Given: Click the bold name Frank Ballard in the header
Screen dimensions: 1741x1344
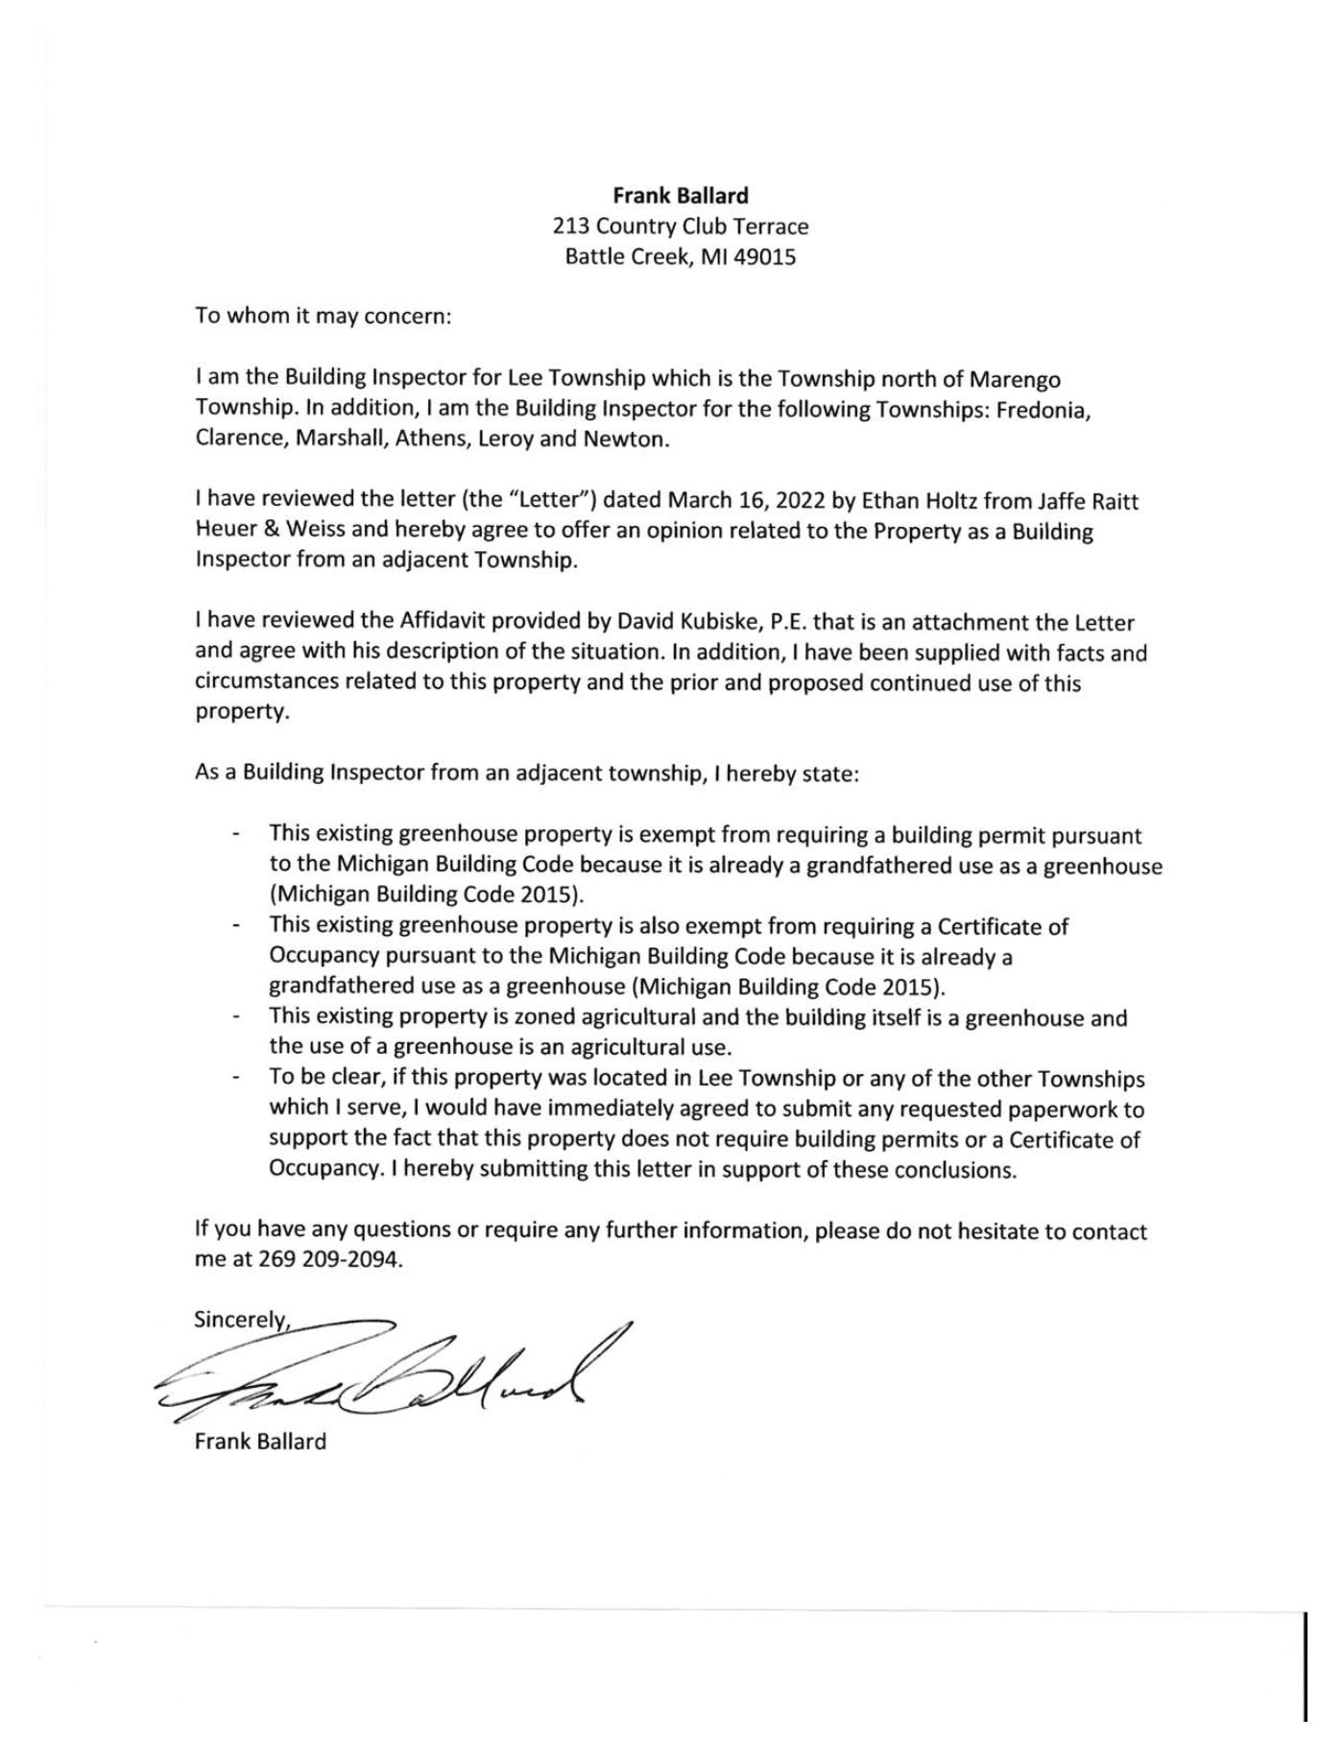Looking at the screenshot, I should pos(680,196).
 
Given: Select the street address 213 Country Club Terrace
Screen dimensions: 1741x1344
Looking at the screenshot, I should pos(680,227).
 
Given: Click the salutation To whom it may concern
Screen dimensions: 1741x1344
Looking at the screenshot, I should pos(323,316).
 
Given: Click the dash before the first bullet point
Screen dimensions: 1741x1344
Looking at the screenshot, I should pos(236,835).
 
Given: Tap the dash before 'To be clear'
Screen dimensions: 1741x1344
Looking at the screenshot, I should pos(236,1079).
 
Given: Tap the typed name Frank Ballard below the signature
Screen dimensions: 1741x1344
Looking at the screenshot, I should pos(260,1442).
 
